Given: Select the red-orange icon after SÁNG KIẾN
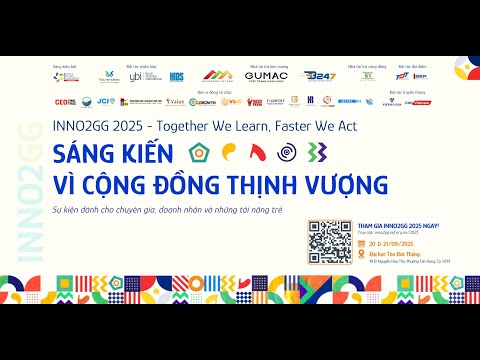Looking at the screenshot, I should [258, 152].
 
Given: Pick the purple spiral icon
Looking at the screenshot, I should [288, 152].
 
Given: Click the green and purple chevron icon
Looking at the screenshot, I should [317, 152].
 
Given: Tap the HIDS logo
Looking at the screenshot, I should [176, 75].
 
